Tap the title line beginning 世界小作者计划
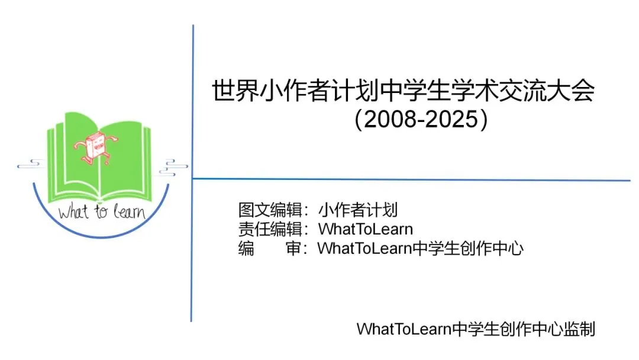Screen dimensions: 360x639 (x=403, y=92)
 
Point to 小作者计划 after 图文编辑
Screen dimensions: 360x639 (x=358, y=210)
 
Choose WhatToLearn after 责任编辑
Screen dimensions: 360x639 (x=366, y=229)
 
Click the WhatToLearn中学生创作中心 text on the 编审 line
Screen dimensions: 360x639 (x=421, y=248)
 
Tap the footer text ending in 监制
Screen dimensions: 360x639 (x=475, y=329)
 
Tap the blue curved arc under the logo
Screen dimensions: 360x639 (x=101, y=233)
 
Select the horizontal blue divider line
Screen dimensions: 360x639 (x=414, y=179)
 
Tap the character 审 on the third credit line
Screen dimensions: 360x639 (x=293, y=248)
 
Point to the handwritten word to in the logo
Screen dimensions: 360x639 (x=101, y=211)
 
